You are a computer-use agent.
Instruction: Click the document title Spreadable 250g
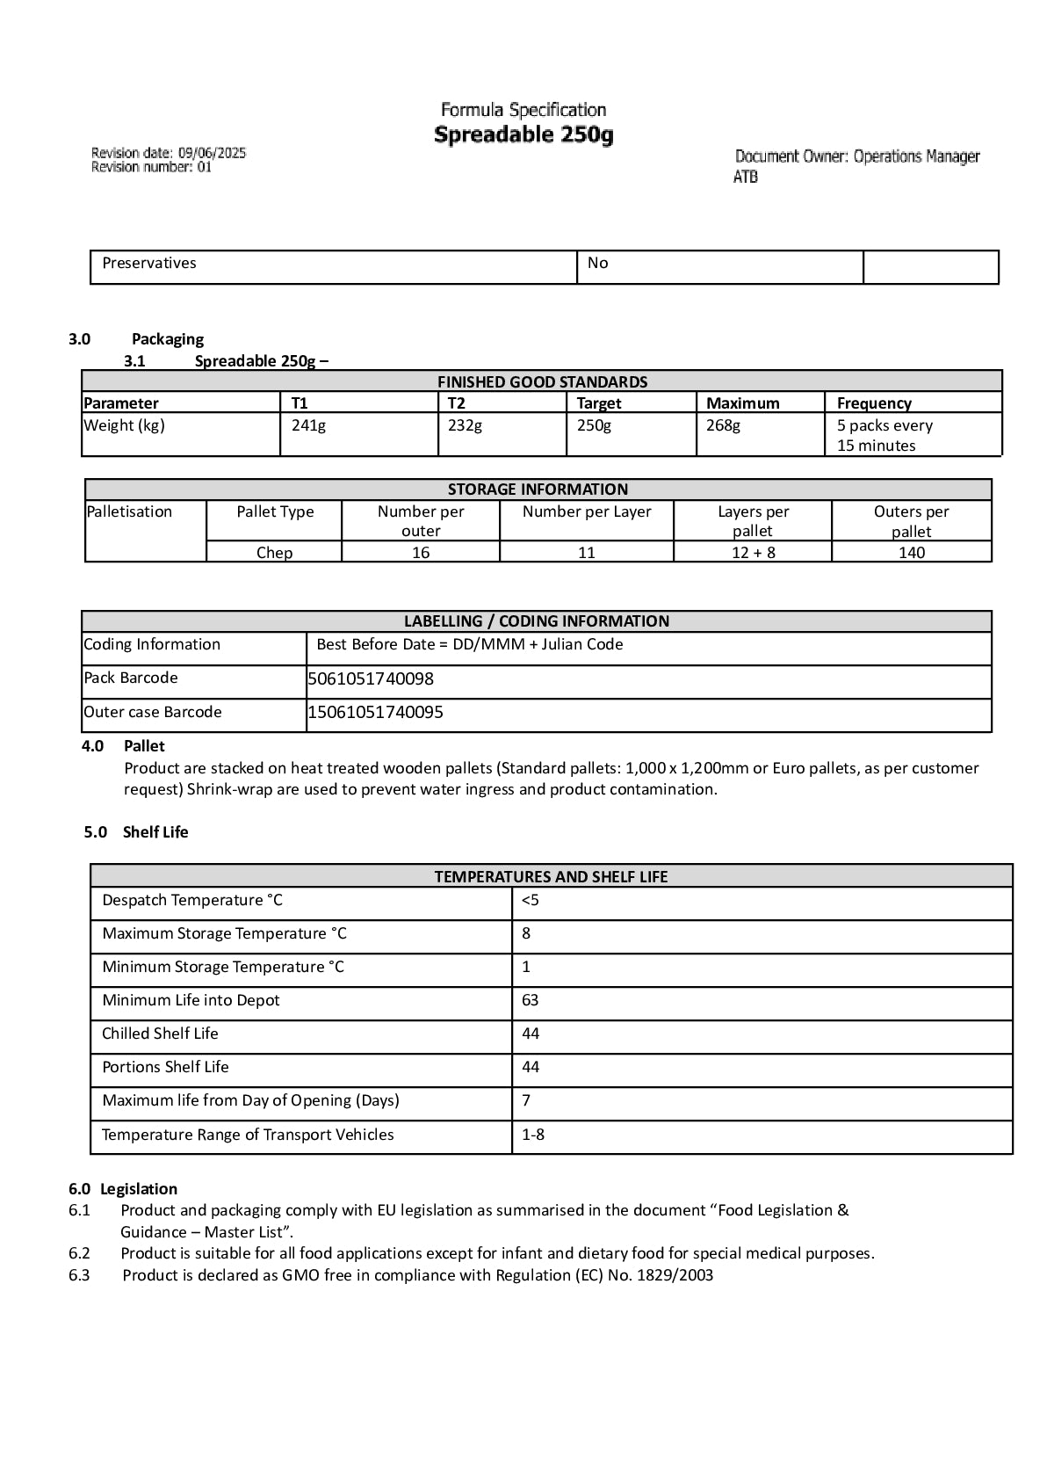click(x=523, y=135)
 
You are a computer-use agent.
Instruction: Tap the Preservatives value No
click(x=597, y=263)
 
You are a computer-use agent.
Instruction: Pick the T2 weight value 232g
click(x=465, y=425)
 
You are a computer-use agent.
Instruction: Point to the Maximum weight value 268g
click(x=723, y=425)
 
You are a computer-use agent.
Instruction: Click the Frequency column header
click(x=874, y=403)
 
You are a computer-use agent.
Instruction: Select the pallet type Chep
click(x=274, y=553)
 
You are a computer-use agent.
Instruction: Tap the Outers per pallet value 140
click(x=911, y=553)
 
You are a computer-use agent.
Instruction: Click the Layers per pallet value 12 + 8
click(x=753, y=553)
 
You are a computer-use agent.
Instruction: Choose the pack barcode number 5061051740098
click(x=371, y=678)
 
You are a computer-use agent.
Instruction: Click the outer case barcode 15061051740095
click(x=375, y=712)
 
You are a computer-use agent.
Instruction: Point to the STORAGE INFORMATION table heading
click(x=538, y=490)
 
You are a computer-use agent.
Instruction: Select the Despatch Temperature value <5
click(x=530, y=900)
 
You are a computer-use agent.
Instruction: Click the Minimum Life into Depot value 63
click(x=530, y=1000)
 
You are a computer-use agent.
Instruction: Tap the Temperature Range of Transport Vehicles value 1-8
click(x=532, y=1135)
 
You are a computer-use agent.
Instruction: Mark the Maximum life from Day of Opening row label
click(x=250, y=1100)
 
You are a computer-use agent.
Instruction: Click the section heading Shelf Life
click(x=155, y=832)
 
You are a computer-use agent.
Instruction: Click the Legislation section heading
click(x=139, y=1189)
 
